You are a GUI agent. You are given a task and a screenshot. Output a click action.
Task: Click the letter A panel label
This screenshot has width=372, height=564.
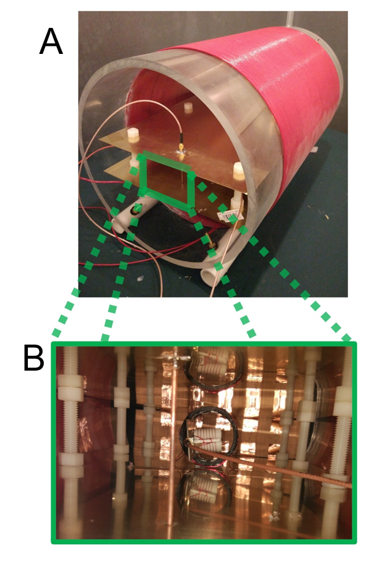pyautogui.click(x=51, y=42)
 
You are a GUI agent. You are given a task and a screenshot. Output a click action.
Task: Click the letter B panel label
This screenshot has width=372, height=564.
pyautogui.click(x=34, y=358)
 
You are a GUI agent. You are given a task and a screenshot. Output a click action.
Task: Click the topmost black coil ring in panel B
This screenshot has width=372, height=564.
pyautogui.click(x=214, y=372)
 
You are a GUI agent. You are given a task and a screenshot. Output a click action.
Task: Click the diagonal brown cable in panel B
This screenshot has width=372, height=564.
pyautogui.click(x=279, y=465)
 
